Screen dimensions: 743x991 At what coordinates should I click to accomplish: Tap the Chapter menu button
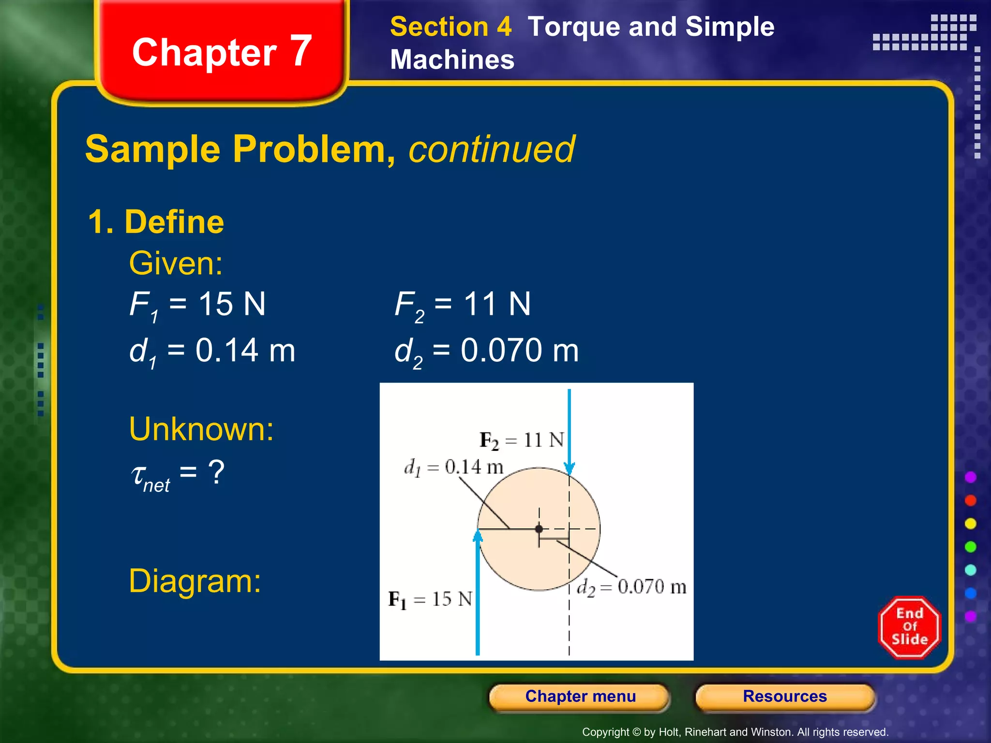[580, 697]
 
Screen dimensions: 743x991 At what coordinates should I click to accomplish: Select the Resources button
[785, 697]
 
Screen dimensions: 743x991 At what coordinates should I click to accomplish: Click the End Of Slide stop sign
[910, 627]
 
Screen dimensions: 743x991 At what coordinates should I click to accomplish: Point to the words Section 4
[450, 27]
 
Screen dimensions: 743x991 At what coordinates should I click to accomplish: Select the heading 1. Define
[156, 222]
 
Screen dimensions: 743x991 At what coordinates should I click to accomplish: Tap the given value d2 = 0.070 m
[486, 352]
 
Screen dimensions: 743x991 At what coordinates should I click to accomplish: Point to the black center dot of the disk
[539, 529]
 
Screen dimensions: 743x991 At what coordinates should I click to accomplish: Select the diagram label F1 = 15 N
[430, 599]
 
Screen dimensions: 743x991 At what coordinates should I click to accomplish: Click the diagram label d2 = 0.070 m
[631, 587]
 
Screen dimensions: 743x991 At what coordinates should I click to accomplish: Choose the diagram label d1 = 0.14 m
[453, 467]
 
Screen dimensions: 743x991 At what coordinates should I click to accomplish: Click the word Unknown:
[201, 429]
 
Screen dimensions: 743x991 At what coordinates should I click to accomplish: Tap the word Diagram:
[195, 581]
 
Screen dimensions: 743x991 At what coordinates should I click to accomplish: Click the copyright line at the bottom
[735, 732]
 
